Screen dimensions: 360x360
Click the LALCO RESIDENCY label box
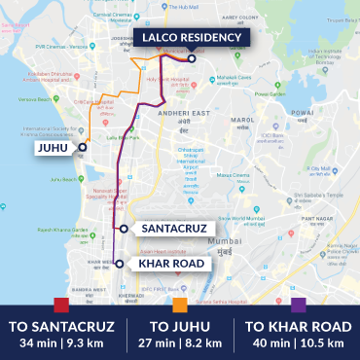(x=190, y=38)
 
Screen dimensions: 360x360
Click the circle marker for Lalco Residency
(x=193, y=58)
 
